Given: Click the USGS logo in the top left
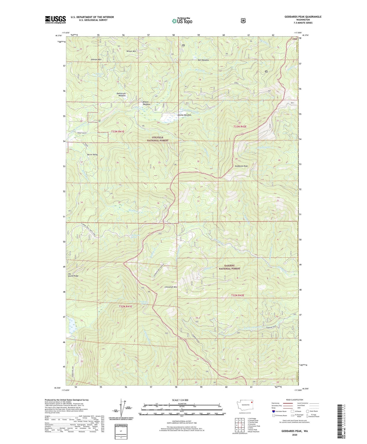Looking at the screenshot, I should pos(55,20).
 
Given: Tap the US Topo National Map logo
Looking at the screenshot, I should pos(182,21).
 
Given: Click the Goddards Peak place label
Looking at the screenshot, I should pos(241,166).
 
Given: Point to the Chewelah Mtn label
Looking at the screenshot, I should pos(171,287).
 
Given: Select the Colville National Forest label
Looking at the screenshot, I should pos(158,139).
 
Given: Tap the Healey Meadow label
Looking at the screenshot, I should pos(184,115).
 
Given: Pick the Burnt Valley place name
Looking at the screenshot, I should pos(92,155).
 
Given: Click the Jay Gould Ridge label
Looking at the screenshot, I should pos(73,275).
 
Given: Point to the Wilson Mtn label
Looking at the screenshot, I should pos(131,51).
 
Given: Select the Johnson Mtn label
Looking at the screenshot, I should pos(96,60).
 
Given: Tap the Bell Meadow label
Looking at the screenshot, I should pos(203,60).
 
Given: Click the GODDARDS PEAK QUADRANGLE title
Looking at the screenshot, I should pos(303,17).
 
